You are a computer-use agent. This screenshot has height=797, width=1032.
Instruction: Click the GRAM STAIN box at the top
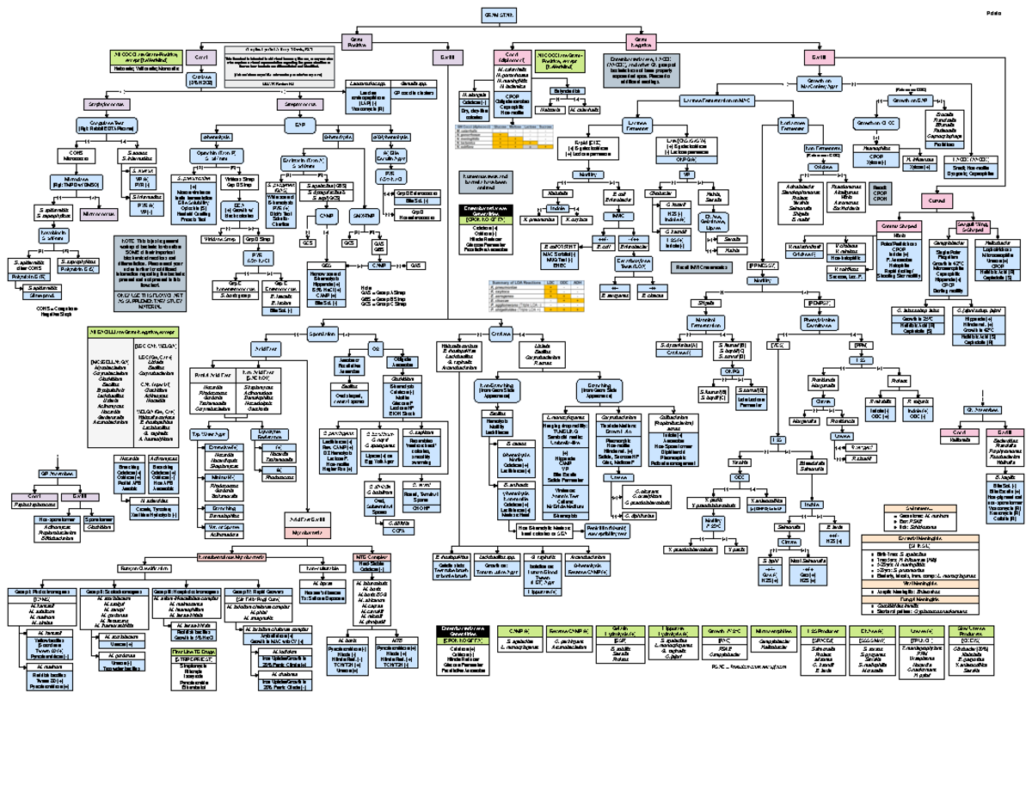coord(502,15)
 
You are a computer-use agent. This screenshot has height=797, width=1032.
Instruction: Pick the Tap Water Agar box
coord(208,435)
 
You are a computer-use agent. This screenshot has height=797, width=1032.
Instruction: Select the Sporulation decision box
coord(321,332)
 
